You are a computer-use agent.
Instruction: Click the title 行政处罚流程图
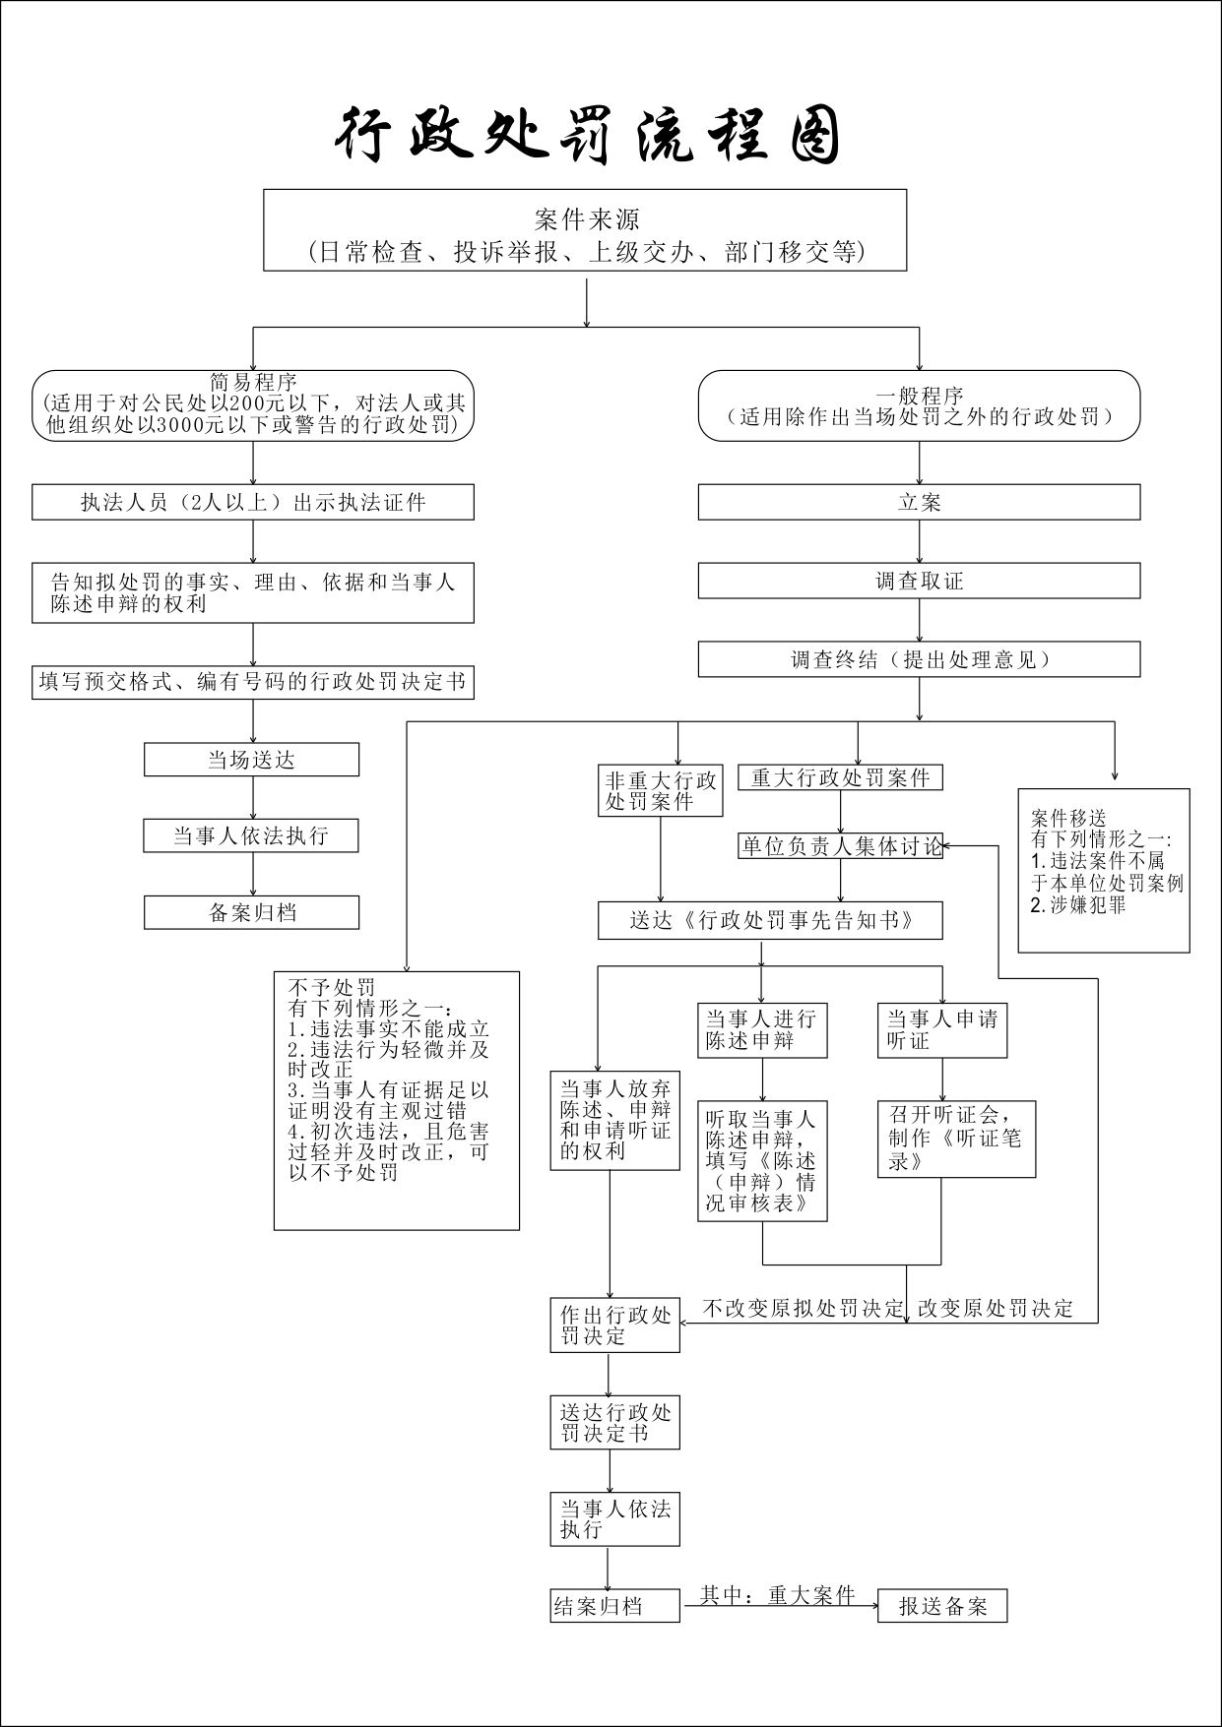point(588,135)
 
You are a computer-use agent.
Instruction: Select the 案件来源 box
point(585,230)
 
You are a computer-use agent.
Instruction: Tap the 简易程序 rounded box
point(253,404)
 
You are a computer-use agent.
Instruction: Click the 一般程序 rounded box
point(919,405)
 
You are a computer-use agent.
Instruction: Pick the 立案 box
point(919,502)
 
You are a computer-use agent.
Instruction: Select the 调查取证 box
point(919,581)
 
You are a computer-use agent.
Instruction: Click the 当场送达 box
point(251,760)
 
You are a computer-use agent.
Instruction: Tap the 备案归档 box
point(251,912)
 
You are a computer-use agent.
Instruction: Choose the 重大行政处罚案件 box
point(840,777)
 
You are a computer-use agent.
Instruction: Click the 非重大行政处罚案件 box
point(661,791)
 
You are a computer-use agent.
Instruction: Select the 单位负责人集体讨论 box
point(840,846)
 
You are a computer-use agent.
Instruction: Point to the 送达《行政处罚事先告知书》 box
point(770,920)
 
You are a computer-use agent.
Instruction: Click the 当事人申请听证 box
point(941,1029)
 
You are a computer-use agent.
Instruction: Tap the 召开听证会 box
point(956,1139)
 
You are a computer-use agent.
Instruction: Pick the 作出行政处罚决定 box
point(614,1326)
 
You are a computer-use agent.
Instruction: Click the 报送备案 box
point(941,1607)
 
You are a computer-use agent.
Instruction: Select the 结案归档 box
point(614,1607)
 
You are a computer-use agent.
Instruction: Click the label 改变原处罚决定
point(995,1309)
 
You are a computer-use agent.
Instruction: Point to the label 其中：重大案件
point(777,1595)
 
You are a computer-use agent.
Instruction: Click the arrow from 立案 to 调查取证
point(920,541)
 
